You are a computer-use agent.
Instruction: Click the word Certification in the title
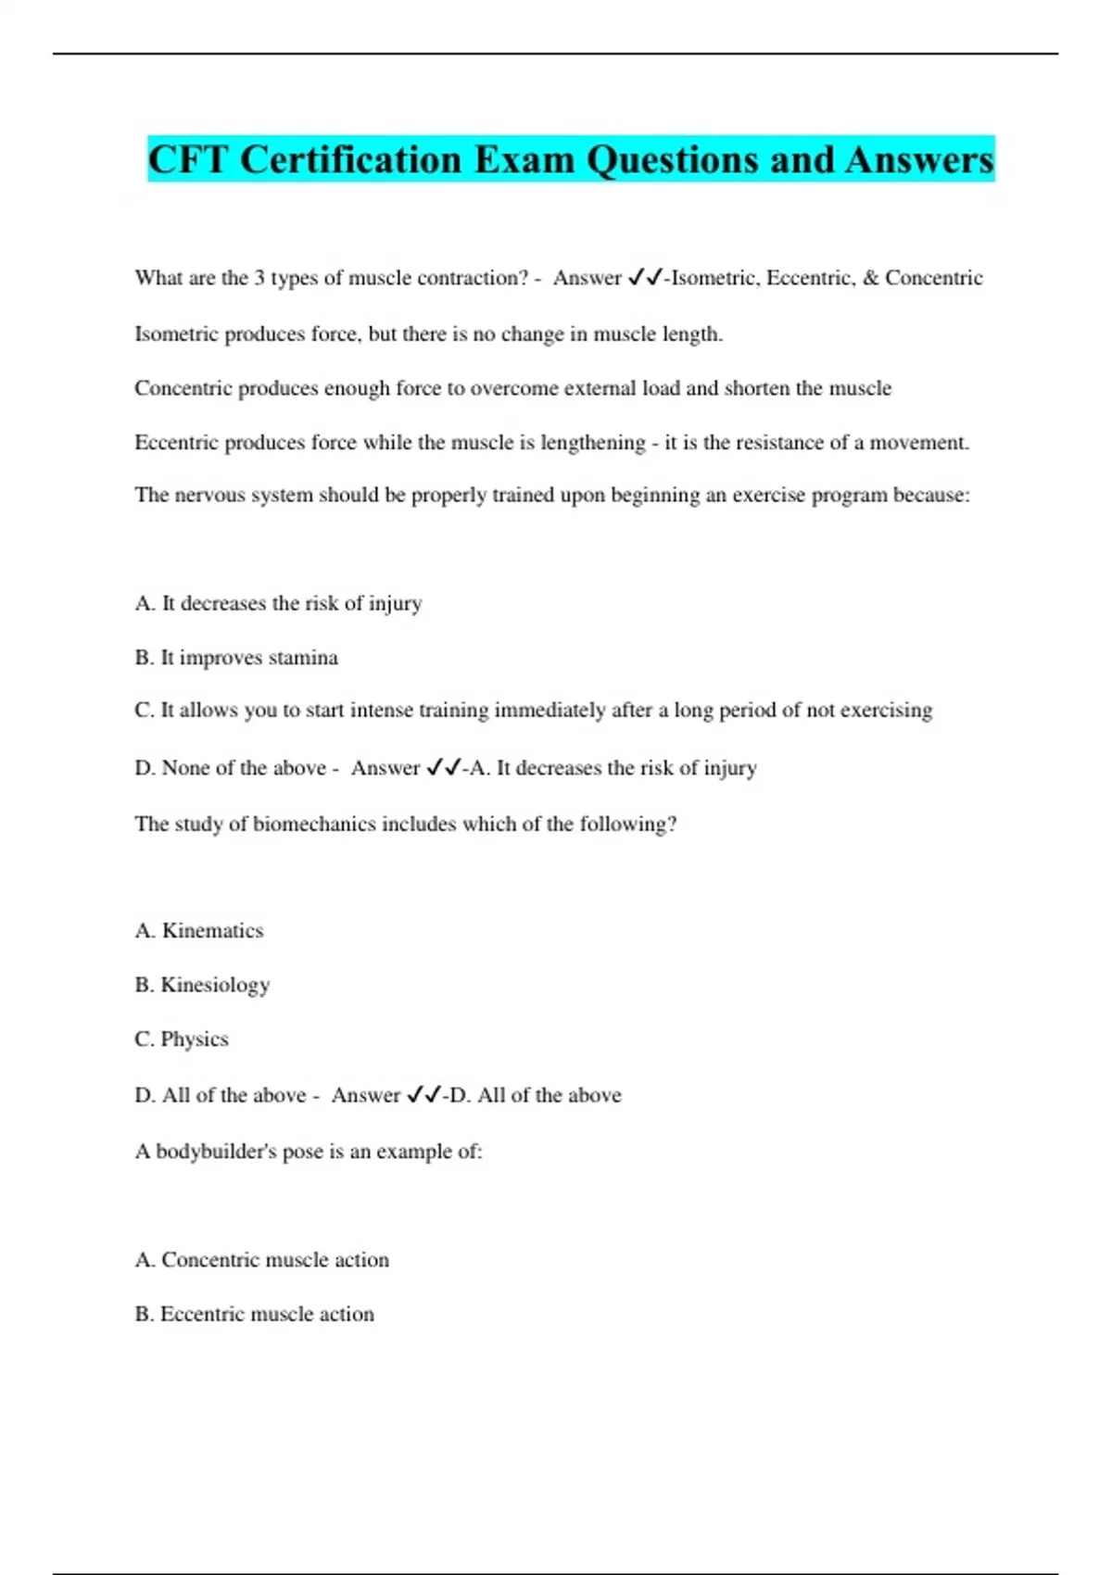(351, 160)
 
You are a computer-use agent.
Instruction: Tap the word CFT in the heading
(188, 160)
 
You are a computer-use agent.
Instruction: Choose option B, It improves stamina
(236, 658)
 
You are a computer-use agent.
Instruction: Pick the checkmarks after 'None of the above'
(444, 768)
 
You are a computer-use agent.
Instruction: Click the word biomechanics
(307, 824)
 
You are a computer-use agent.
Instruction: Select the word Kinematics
(212, 930)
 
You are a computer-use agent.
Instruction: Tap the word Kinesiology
(215, 985)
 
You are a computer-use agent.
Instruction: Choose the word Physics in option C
(195, 1039)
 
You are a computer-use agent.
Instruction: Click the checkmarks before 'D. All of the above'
(423, 1095)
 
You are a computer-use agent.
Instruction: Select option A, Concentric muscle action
(262, 1260)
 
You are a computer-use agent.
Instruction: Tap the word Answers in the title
(919, 160)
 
